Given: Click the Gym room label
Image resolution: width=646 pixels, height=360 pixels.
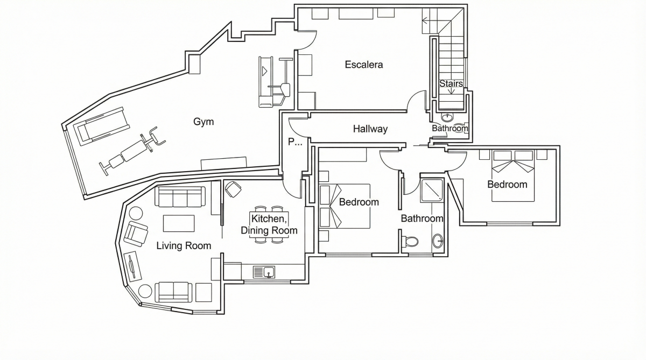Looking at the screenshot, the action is click(x=203, y=122).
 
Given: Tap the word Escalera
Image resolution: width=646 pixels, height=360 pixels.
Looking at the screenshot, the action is click(x=364, y=65).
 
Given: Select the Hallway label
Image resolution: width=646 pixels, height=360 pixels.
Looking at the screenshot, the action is click(x=370, y=129).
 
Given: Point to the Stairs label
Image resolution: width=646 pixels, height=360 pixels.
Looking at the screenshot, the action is click(x=451, y=83).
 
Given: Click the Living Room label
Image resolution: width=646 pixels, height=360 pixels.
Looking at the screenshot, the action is click(x=184, y=246).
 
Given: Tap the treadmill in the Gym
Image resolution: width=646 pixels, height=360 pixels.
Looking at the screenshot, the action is click(x=102, y=126).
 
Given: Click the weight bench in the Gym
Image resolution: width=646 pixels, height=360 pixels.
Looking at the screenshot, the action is click(x=132, y=151).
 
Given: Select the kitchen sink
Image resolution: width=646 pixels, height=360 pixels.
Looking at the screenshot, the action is click(x=264, y=272).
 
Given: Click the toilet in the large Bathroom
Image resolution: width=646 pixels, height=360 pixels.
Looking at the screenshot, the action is click(x=410, y=241).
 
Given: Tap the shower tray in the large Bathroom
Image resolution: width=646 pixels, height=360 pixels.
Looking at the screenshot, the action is click(x=431, y=190).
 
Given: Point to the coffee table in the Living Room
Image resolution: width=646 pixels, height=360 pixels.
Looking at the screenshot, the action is click(x=179, y=223).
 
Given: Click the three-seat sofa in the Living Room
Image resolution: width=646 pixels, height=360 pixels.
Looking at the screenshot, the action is click(x=180, y=196).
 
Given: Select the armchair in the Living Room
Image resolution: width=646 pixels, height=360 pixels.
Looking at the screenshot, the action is click(x=136, y=234).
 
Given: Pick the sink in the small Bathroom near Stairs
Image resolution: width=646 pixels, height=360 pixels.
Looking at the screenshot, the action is click(x=447, y=117).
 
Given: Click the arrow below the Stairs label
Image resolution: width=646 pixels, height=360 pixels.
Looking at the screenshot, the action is click(x=451, y=91).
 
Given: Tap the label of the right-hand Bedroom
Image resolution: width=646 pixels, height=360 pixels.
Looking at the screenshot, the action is click(x=507, y=185).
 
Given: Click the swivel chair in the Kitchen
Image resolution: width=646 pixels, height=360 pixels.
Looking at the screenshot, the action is click(x=233, y=189).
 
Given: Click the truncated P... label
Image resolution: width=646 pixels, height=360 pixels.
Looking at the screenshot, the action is click(x=295, y=142).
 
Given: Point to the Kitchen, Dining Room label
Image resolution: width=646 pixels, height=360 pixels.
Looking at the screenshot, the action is click(x=269, y=224).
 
